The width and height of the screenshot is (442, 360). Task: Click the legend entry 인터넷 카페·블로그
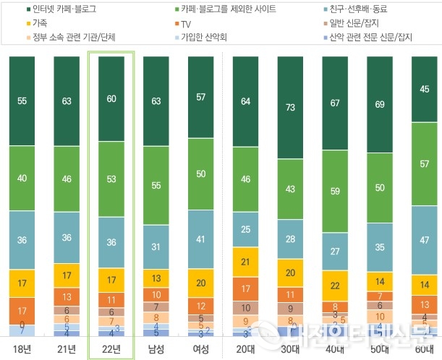click(x=65, y=10)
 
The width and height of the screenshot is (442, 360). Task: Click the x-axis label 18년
click(x=22, y=350)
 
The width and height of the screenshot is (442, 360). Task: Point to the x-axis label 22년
click(x=111, y=350)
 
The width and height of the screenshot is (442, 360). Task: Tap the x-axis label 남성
click(x=156, y=350)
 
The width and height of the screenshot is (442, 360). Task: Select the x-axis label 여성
click(x=201, y=350)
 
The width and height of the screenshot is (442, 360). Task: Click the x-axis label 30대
click(x=291, y=350)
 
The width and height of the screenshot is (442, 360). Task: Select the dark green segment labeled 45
click(x=425, y=89)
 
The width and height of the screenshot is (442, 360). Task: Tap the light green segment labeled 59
click(x=336, y=192)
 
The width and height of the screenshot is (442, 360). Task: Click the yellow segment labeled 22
click(x=336, y=286)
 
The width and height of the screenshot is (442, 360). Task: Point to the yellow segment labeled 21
click(x=246, y=262)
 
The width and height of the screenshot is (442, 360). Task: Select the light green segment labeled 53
click(x=111, y=179)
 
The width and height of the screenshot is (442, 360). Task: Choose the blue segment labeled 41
click(x=201, y=239)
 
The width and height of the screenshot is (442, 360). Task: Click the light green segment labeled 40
click(x=22, y=178)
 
